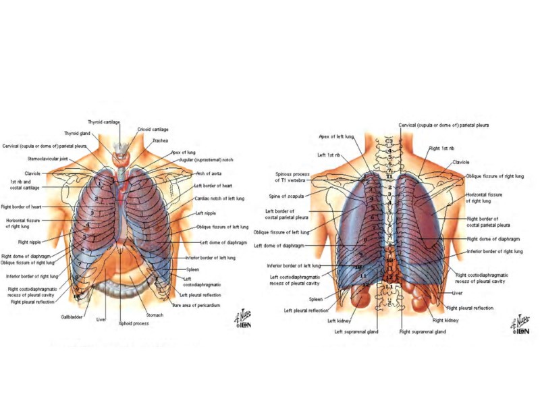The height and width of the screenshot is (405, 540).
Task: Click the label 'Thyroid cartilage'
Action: pyautogui.click(x=104, y=122)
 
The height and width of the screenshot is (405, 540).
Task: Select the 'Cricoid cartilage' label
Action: pyautogui.click(x=153, y=129)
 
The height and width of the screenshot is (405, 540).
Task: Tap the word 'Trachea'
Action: pyautogui.click(x=160, y=140)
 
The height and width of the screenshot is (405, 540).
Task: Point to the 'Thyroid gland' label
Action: pyautogui.click(x=77, y=134)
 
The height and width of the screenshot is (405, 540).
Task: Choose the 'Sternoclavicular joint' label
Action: pyautogui.click(x=47, y=159)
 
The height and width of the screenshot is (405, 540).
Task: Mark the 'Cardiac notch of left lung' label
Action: pyautogui.click(x=219, y=198)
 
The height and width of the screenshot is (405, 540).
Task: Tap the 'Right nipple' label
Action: pyautogui.click(x=30, y=242)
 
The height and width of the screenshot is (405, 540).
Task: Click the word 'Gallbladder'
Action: pyautogui.click(x=72, y=316)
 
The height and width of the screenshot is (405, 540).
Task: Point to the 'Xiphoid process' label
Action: pyautogui.click(x=133, y=323)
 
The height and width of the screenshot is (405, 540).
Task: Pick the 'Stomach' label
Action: pyautogui.click(x=155, y=315)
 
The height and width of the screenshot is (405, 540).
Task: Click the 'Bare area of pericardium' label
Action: pyautogui.click(x=196, y=305)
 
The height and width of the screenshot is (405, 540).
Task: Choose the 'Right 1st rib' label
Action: pyautogui.click(x=441, y=148)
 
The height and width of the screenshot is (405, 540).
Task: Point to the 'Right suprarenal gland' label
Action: pyautogui.click(x=422, y=331)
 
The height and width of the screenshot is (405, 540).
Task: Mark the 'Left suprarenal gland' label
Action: pyautogui.click(x=356, y=331)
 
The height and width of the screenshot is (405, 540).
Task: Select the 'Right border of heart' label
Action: pyautogui.click(x=21, y=207)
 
